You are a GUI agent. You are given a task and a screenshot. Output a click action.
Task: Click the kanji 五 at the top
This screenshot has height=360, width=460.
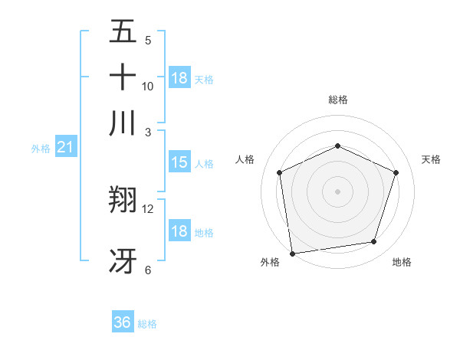123,32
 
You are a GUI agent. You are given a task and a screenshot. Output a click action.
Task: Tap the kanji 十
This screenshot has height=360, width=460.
123,77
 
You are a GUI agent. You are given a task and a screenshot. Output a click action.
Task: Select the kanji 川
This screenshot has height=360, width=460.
123,123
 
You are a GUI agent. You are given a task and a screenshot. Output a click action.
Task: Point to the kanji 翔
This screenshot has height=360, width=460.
123,201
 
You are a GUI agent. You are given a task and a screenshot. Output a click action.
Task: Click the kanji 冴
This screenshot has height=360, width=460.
123,260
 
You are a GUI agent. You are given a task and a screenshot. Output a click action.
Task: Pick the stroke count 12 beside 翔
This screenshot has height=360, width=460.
148,208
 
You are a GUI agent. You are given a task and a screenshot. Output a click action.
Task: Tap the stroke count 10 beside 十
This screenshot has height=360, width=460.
148,86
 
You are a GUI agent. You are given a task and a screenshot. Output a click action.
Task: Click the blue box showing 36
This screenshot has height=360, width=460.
123,322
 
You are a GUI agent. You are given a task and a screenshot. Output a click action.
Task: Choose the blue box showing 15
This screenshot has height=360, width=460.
179,162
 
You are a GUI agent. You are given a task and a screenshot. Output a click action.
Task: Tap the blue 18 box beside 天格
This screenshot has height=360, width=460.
179,78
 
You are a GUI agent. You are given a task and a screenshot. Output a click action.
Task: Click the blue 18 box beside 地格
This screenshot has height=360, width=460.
179,232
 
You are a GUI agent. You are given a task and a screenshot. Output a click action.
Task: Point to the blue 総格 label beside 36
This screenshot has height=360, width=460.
147,324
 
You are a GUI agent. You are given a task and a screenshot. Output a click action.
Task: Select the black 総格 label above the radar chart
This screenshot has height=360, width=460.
337,100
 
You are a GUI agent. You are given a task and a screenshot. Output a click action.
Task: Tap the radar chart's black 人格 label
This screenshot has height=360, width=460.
245,159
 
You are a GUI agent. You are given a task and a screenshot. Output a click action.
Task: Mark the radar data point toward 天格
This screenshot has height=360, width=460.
396,172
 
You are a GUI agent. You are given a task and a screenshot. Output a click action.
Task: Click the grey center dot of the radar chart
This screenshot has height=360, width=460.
337,191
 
